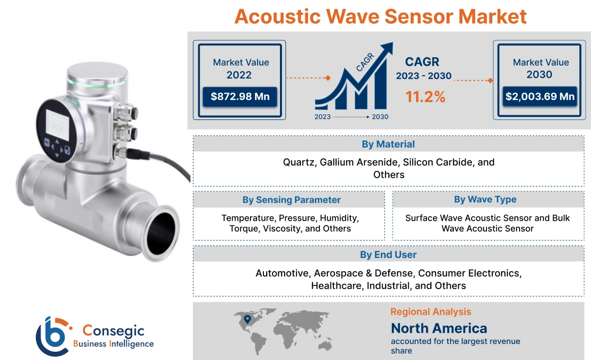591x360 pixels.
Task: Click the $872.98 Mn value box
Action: tap(240, 96)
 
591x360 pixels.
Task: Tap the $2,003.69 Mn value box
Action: tap(540, 96)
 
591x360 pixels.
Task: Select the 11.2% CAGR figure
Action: tap(425, 97)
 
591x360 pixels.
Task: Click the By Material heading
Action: tap(388, 144)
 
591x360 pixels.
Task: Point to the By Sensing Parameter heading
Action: tap(291, 200)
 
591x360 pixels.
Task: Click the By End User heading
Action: tap(388, 255)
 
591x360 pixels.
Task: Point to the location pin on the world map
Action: tap(247, 319)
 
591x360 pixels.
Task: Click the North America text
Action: tap(439, 328)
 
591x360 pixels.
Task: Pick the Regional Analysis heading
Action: tap(431, 312)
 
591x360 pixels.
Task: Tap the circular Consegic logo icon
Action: tap(52, 336)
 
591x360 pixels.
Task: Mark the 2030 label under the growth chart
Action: tap(380, 117)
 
